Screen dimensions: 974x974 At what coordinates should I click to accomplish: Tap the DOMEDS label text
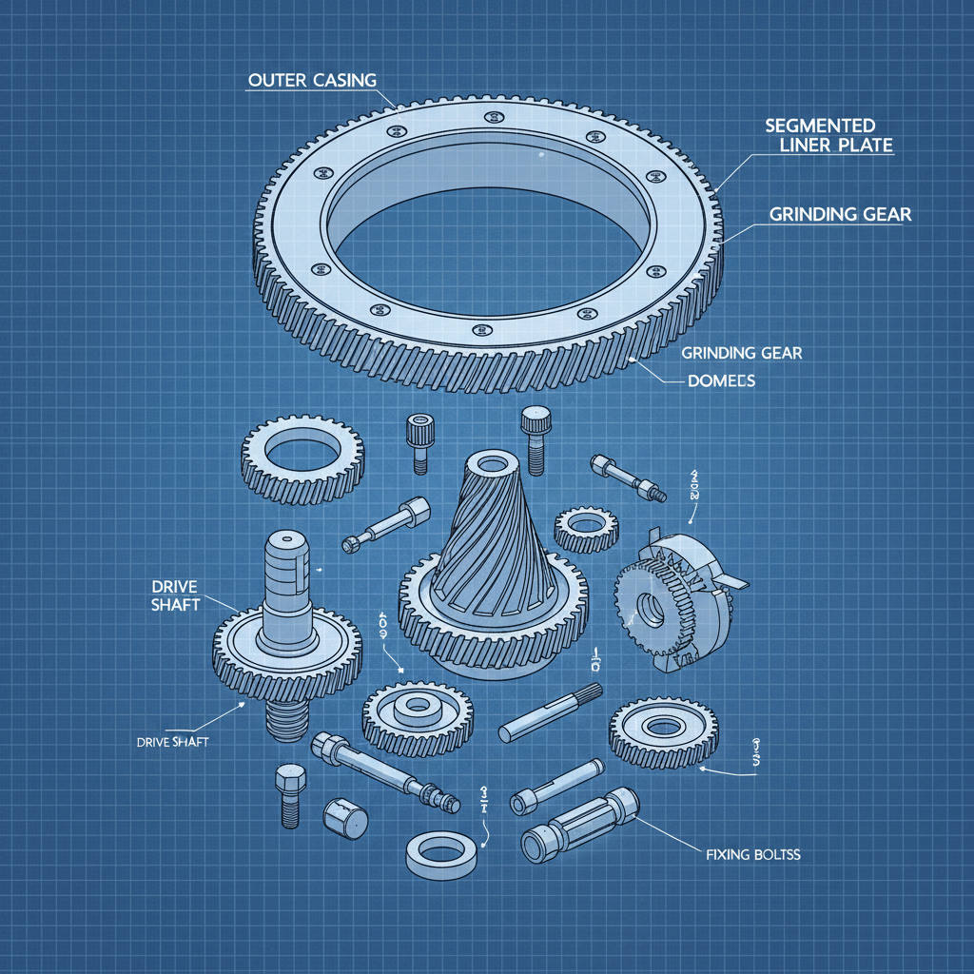721,380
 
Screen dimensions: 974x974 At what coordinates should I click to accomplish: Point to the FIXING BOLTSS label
753,855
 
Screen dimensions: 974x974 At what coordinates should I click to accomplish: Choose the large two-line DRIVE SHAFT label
174,594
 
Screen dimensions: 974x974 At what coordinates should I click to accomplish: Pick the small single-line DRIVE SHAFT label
166,741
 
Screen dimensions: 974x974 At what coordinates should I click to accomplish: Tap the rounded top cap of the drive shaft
283,547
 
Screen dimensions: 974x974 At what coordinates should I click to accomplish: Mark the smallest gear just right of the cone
586,528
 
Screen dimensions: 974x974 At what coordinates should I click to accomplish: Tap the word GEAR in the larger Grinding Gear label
879,215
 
